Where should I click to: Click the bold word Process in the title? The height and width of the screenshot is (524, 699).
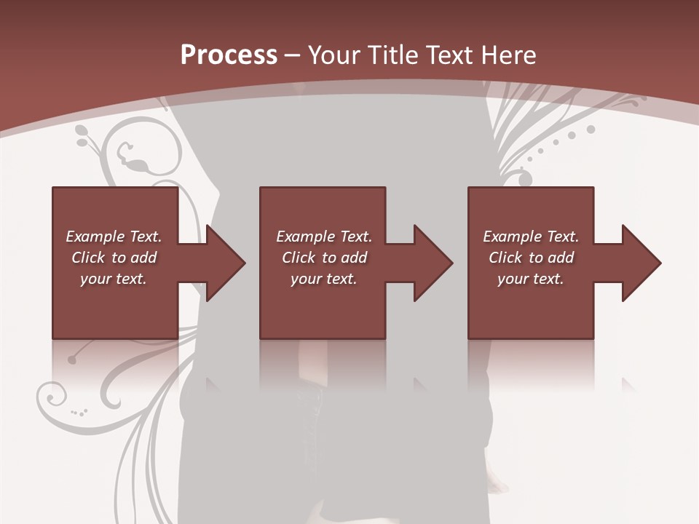tap(229, 55)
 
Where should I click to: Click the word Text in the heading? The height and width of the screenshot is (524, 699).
tap(449, 55)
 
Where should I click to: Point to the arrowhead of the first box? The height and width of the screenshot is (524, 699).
tap(225, 263)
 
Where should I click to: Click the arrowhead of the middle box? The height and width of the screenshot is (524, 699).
tap(433, 263)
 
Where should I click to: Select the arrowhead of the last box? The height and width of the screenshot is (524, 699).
tap(641, 263)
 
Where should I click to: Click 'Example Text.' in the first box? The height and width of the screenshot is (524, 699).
tap(114, 237)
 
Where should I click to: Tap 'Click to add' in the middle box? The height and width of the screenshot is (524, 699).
tap(324, 258)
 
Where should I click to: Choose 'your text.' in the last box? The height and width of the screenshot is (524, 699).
tap(531, 279)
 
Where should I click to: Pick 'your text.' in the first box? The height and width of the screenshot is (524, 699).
tap(114, 279)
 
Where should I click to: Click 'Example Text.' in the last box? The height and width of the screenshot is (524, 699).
tap(531, 237)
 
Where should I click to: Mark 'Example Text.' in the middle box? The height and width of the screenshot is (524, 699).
tap(324, 237)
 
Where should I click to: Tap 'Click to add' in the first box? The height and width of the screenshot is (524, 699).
tap(114, 258)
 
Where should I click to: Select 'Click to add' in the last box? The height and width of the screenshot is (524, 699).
tap(531, 258)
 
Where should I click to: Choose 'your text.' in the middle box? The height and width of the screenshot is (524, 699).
tap(324, 279)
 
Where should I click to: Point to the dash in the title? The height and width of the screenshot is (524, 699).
tap(292, 55)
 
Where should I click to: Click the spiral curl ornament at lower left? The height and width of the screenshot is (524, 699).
tap(52, 397)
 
